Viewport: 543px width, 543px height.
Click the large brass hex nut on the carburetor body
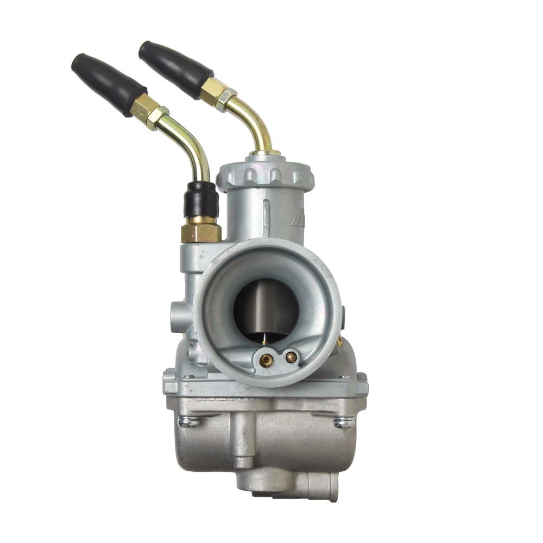[201, 231]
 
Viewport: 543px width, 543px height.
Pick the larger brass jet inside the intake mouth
[267, 359]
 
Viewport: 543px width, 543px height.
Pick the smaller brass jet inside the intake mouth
[292, 357]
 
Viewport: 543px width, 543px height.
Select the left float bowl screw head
[188, 421]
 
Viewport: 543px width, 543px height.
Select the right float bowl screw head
[343, 422]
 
